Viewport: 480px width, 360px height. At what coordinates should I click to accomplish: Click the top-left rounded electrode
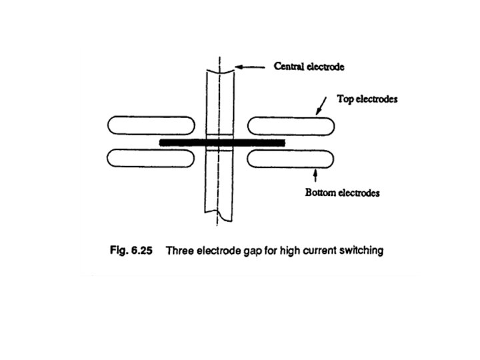[x=151, y=125]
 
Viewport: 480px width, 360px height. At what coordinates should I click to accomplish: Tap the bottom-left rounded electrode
[x=151, y=158]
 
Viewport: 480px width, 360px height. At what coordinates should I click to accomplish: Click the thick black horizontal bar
[x=222, y=142]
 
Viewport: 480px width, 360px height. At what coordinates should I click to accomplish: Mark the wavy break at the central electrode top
[x=217, y=68]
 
